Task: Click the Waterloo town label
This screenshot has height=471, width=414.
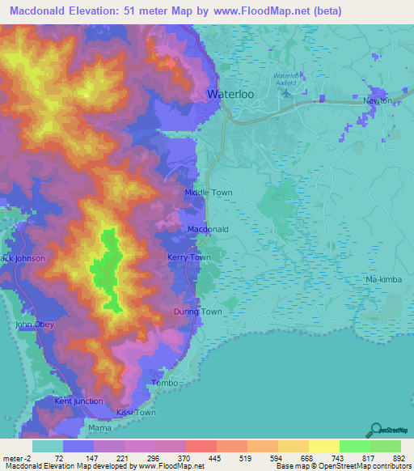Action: tap(234, 94)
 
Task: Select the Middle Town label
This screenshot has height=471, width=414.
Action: tap(209, 193)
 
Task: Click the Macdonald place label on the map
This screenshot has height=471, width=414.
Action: tap(209, 230)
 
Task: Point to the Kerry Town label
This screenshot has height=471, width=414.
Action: tap(188, 257)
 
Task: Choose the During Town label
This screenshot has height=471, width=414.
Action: tap(198, 312)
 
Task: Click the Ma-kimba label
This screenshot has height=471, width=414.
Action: tap(383, 280)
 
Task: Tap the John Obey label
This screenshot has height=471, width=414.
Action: tap(34, 325)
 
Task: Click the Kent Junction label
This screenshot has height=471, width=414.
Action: tap(78, 401)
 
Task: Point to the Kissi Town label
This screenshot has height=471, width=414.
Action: tap(135, 413)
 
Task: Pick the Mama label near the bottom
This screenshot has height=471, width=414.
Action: tap(99, 426)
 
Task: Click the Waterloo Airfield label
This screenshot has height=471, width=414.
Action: tap(290, 78)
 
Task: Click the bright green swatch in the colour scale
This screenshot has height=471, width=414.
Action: tap(354, 446)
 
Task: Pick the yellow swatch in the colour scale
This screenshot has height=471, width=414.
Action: tap(323, 446)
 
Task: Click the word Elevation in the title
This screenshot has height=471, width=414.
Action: tap(104, 11)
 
